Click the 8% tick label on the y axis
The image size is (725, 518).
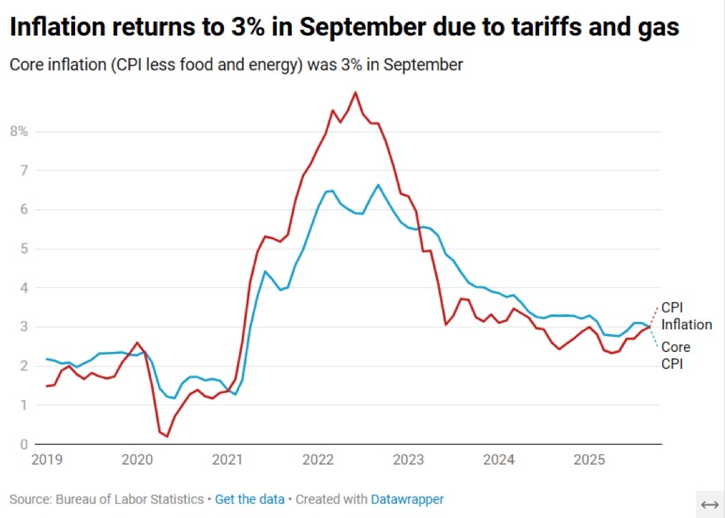pyautogui.click(x=18, y=131)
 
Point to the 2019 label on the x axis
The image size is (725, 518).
pyautogui.click(x=46, y=459)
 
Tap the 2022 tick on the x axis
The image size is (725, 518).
pyautogui.click(x=318, y=459)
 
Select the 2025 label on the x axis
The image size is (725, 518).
pyautogui.click(x=589, y=459)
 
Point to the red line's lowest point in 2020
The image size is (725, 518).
pyautogui.click(x=167, y=436)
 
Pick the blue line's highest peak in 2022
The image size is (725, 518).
pyautogui.click(x=378, y=185)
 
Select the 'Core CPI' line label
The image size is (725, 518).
pyautogui.click(x=675, y=355)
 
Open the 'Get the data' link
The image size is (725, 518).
pyautogui.click(x=249, y=500)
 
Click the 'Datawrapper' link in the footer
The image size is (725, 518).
pyautogui.click(x=407, y=500)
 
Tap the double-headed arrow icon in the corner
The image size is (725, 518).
pyautogui.click(x=710, y=504)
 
